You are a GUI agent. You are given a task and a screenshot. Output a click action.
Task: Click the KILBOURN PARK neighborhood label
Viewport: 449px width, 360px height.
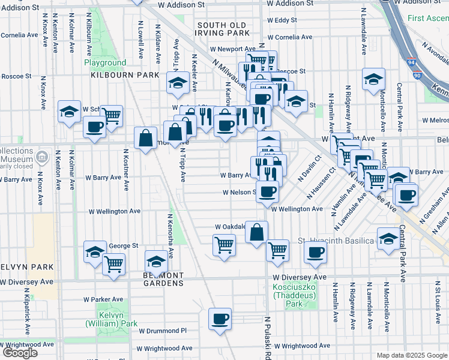pyautogui.click(x=125, y=75)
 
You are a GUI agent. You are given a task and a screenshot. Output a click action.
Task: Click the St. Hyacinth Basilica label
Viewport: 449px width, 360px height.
pyautogui.click(x=336, y=241)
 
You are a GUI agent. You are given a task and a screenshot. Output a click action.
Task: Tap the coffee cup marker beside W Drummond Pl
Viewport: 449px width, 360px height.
pyautogui.click(x=220, y=319)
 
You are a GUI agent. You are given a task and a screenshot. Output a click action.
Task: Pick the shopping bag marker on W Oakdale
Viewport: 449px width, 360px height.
pyautogui.click(x=256, y=232)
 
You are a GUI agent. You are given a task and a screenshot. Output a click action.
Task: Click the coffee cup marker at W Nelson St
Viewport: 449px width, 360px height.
pyautogui.click(x=268, y=193)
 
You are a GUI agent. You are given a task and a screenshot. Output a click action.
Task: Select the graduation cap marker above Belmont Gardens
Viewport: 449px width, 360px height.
pyautogui.click(x=157, y=261)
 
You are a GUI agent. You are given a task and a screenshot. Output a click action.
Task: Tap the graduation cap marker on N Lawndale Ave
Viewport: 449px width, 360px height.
pyautogui.click(x=373, y=79)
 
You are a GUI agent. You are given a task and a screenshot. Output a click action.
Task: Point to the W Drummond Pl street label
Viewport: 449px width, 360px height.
pyautogui.click(x=163, y=331)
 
